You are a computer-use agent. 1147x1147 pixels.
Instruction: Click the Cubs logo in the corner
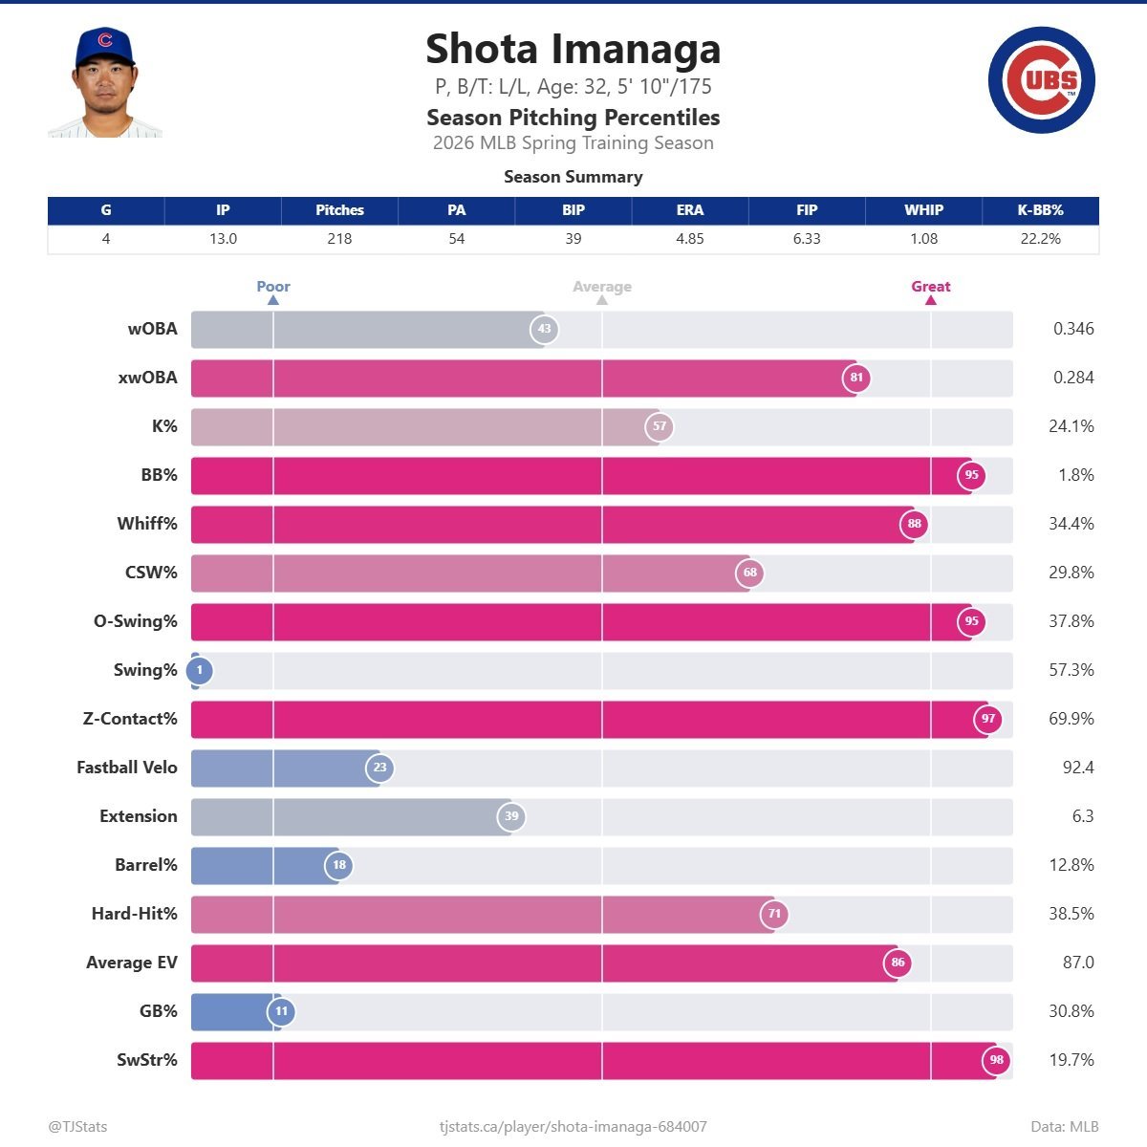1041,80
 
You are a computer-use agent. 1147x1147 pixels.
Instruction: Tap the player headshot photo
104,83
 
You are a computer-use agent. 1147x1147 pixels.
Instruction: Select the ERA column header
689,210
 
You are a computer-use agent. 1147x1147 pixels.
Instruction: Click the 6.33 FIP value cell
807,239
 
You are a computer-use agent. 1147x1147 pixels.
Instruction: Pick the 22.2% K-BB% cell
1040,239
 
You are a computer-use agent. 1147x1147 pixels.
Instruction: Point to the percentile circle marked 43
544,329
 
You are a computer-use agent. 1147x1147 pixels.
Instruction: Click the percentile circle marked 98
996,1060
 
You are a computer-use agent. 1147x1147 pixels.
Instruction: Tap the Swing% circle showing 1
199,671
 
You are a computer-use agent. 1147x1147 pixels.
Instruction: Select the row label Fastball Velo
127,768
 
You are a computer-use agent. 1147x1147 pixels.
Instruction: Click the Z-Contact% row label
130,719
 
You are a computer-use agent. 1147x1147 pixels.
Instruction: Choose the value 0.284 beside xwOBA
1073,378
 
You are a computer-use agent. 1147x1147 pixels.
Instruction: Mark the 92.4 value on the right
1077,768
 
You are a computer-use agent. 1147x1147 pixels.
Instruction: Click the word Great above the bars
930,287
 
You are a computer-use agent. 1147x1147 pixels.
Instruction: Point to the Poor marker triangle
273,300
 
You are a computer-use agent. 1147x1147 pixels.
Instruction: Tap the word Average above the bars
602,287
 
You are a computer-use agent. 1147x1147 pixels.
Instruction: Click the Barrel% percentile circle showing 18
339,866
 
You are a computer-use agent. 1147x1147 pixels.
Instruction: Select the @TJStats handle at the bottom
77,1127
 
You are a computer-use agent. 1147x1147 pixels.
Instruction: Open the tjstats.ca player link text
573,1127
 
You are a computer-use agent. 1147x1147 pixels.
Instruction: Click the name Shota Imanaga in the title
573,50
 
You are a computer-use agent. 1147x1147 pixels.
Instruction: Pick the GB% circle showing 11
281,1011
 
